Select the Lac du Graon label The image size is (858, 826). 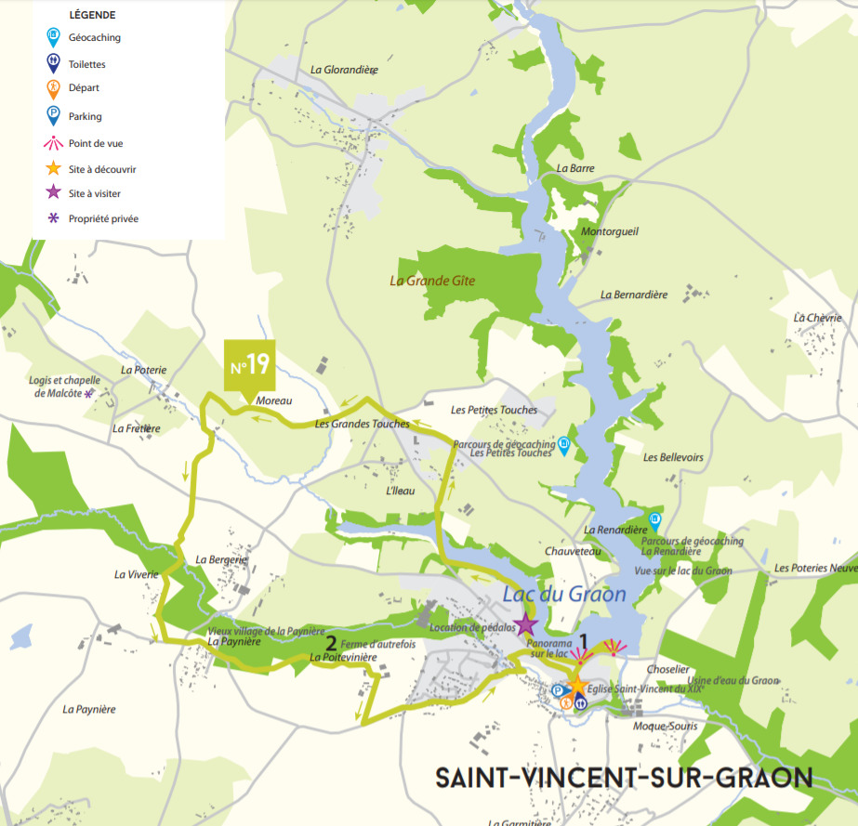(x=564, y=595)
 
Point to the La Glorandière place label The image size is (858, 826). (x=344, y=69)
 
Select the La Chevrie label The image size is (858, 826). (x=817, y=318)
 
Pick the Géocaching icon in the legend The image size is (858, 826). (x=54, y=38)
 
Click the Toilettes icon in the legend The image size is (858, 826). (x=54, y=65)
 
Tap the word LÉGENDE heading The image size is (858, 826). (x=92, y=16)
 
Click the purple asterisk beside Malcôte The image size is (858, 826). (x=89, y=393)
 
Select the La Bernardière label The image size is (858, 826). (x=634, y=295)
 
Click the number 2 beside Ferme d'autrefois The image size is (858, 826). (x=330, y=641)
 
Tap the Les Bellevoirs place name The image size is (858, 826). (x=673, y=458)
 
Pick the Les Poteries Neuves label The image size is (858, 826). (x=815, y=568)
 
